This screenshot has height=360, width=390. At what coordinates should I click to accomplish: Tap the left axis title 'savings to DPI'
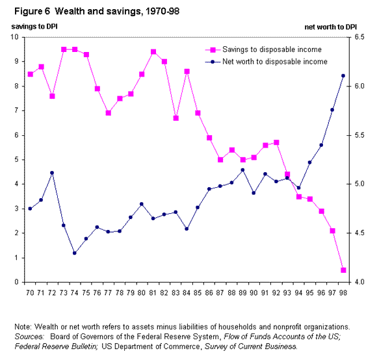(31, 27)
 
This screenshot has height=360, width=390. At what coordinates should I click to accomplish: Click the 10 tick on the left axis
(16, 37)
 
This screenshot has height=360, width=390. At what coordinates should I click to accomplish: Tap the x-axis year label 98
(344, 292)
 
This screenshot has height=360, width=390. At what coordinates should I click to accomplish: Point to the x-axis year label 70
(30, 292)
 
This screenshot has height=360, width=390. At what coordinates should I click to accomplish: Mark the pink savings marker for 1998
(344, 270)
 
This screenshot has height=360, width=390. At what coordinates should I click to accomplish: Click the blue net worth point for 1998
(344, 75)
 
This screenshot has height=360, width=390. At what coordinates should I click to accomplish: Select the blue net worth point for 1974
(75, 253)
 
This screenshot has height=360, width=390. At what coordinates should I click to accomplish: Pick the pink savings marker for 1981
(153, 52)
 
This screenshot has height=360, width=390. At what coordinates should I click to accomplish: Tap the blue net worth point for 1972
(51, 173)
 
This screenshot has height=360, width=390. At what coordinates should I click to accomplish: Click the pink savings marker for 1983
(175, 118)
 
